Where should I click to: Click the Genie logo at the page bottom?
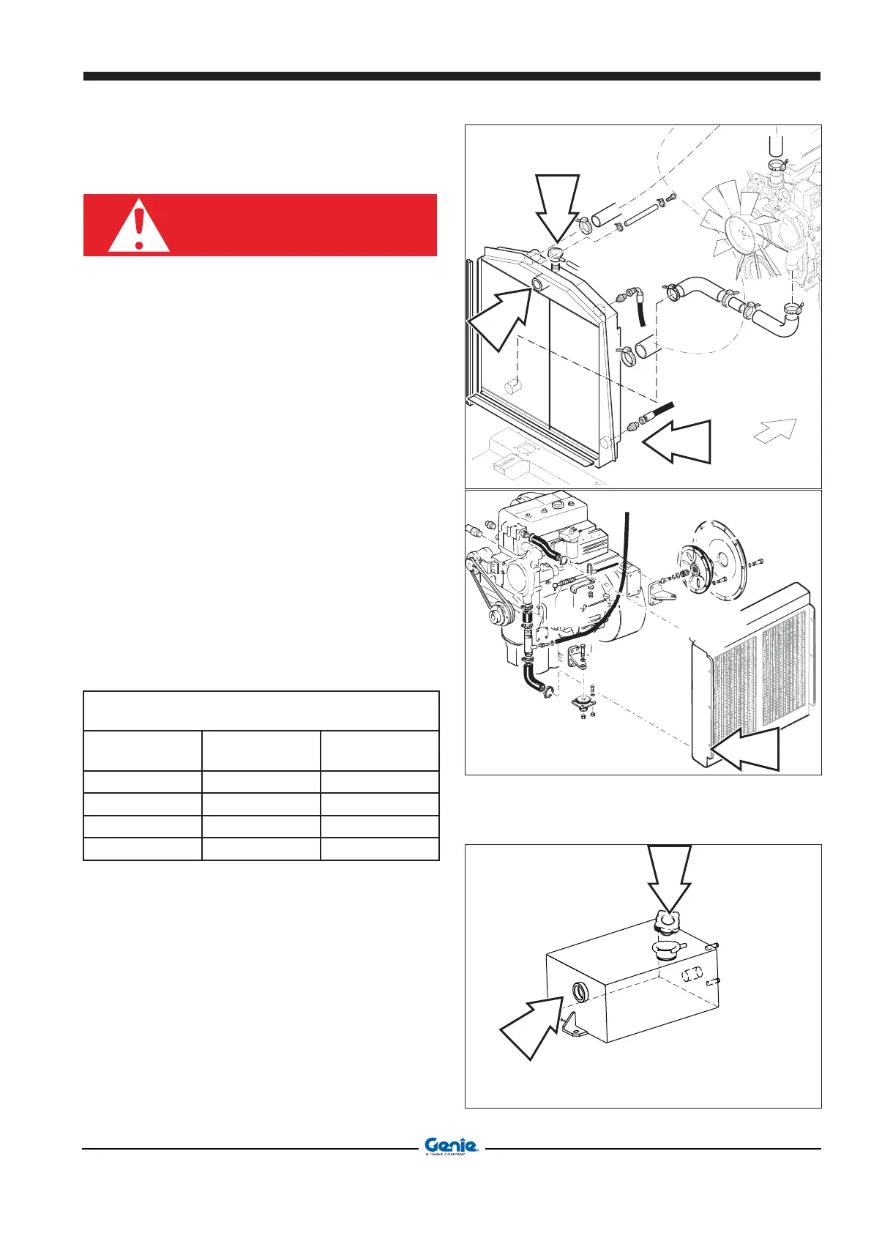click(451, 1146)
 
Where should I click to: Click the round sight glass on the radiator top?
click(540, 285)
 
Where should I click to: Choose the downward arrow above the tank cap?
click(669, 879)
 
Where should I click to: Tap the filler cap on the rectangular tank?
click(668, 925)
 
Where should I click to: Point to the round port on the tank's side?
click(578, 994)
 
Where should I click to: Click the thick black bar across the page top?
click(452, 76)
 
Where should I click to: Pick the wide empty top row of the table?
click(261, 710)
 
